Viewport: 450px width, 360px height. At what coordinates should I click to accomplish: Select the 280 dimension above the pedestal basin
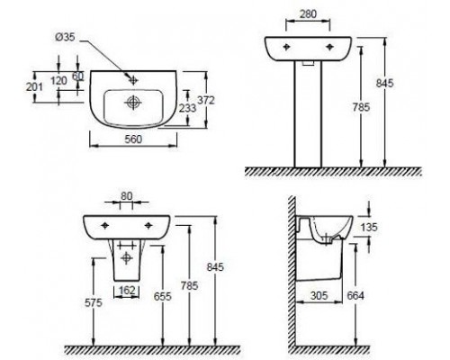[309, 15]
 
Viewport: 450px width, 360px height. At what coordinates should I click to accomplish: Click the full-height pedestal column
[308, 117]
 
